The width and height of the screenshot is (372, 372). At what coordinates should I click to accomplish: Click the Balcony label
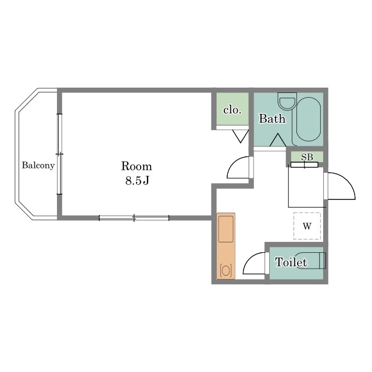coord(38,165)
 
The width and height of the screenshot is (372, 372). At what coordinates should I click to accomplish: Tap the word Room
coord(137,166)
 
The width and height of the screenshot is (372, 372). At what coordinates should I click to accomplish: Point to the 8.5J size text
coord(137,181)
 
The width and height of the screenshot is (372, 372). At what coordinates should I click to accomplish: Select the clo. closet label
coord(233,110)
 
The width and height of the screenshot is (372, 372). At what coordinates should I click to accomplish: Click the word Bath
coord(272,119)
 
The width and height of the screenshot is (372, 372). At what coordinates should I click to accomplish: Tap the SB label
coord(307,157)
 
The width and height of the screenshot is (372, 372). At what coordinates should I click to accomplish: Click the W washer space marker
coord(307,226)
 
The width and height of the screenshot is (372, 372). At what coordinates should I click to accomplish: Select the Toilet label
coord(291,262)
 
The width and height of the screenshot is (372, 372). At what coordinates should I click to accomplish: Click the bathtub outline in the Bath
coord(309,119)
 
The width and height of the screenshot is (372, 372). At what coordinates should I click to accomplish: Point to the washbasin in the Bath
coord(288,101)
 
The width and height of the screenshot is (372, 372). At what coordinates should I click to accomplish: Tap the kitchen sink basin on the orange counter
coord(226,228)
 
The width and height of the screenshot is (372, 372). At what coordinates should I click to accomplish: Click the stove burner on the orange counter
coord(226,270)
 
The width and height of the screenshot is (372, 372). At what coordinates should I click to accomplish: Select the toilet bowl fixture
coord(313,261)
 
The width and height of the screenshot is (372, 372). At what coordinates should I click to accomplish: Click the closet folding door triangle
coord(241,135)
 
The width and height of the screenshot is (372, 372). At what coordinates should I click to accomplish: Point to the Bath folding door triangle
coord(278,141)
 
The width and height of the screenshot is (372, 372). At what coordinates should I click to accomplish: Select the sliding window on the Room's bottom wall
coord(134,218)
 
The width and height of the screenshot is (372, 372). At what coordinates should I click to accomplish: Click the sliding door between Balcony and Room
coord(59,154)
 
